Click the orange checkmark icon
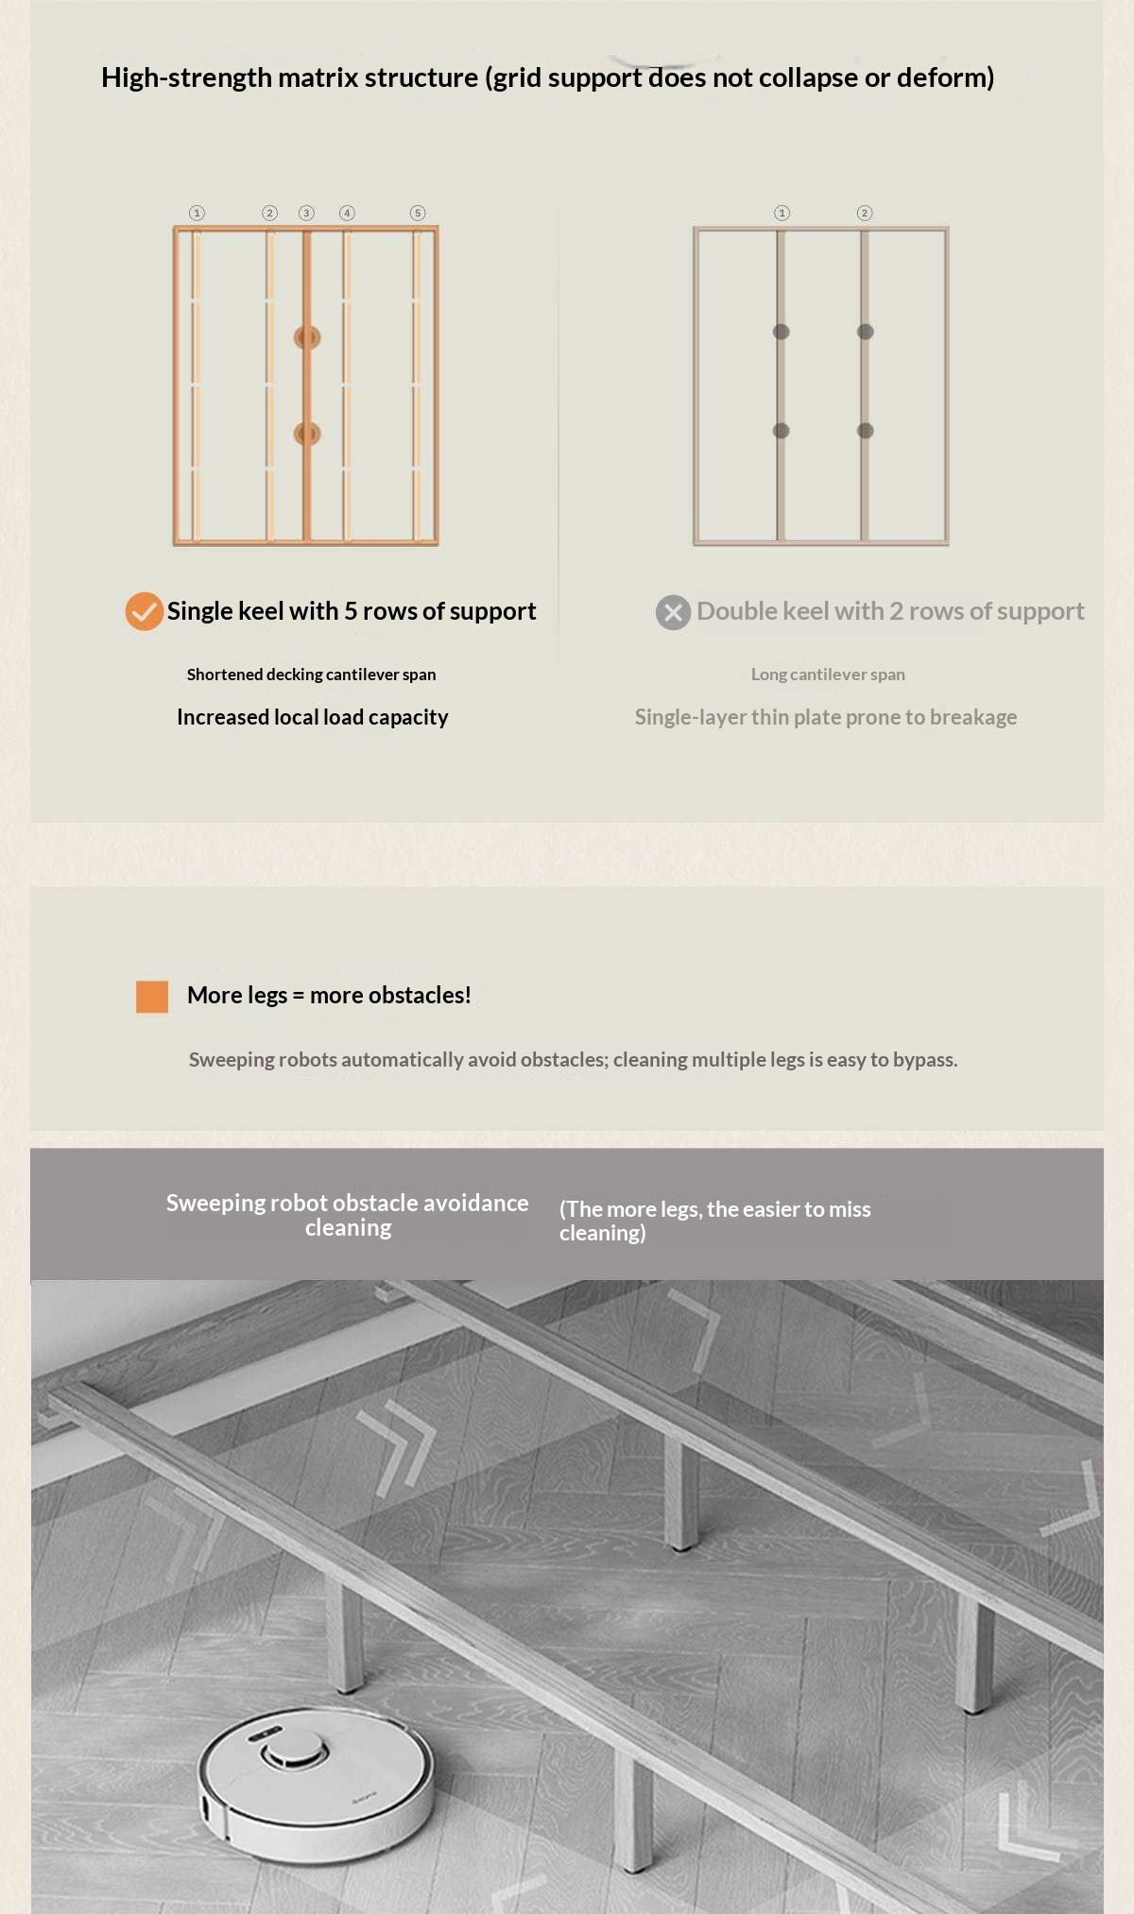[145, 611]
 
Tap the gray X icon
[673, 612]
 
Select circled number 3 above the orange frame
[306, 213]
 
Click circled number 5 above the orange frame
[418, 213]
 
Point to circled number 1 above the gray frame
[782, 213]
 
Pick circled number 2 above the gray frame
[864, 213]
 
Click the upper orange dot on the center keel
[307, 337]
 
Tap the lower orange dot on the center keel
[307, 434]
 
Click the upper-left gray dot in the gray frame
[781, 332]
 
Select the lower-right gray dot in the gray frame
[865, 431]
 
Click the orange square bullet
[152, 997]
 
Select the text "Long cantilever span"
[828, 675]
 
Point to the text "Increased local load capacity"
[313, 717]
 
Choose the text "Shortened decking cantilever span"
[311, 675]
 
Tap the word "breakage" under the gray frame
[973, 717]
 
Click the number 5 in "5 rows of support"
[351, 611]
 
